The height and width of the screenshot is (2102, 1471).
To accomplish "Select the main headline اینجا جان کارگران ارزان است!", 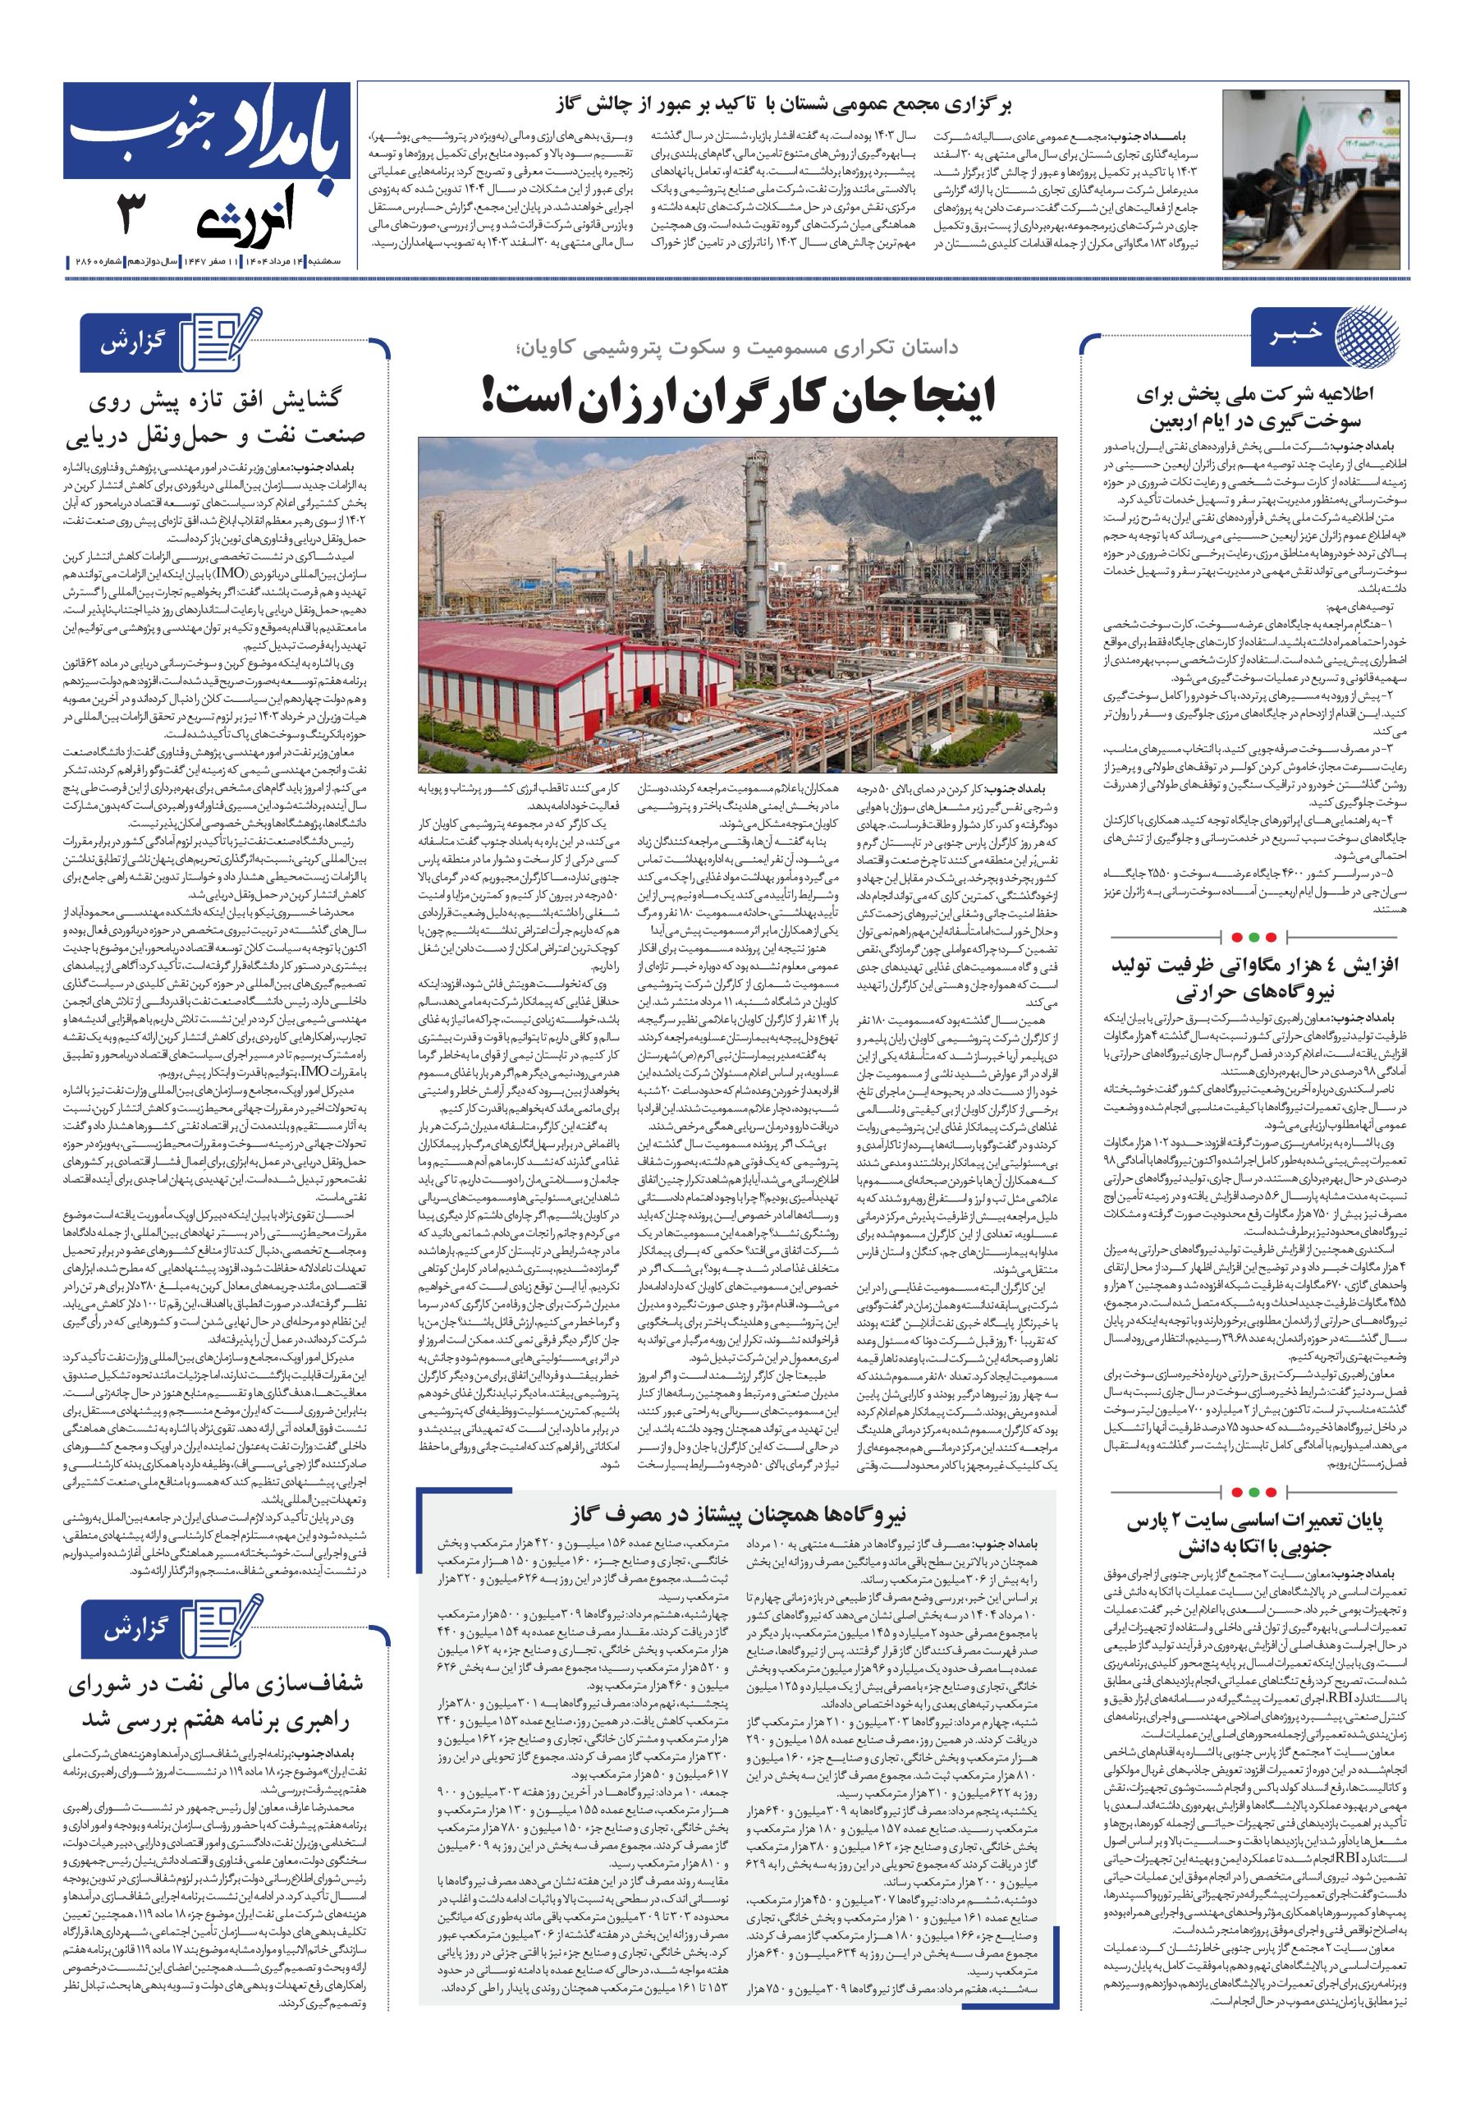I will point(740,397).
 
